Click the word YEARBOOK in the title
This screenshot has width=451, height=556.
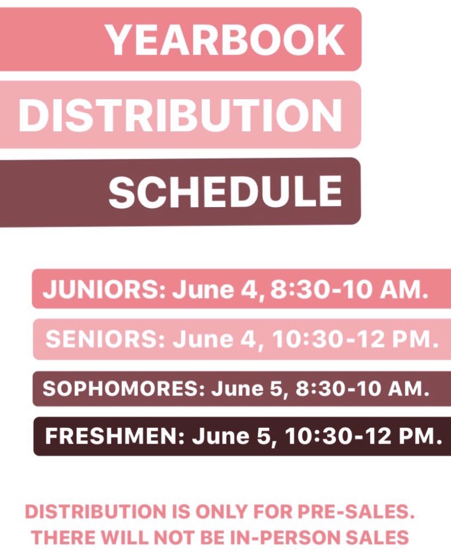pos(225,40)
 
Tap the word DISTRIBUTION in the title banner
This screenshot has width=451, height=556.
pos(181,115)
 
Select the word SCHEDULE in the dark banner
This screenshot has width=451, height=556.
pos(225,192)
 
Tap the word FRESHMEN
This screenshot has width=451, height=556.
pos(114,437)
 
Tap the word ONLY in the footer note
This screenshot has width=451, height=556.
pos(224,512)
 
